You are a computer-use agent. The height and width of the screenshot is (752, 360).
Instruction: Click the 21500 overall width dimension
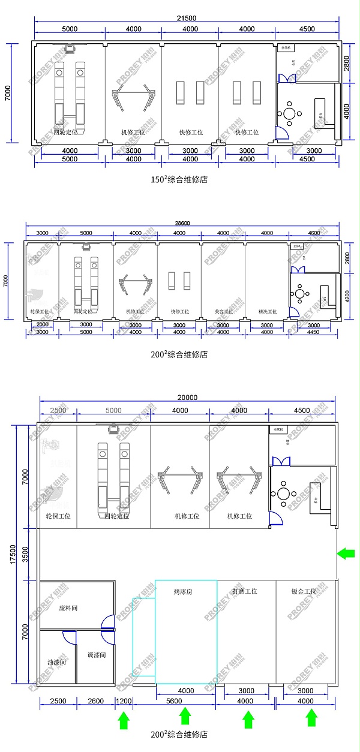pos(187,19)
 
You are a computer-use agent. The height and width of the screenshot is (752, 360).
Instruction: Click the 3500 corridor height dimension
pos(24,554)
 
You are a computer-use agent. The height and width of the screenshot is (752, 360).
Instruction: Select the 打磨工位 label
pos(245,591)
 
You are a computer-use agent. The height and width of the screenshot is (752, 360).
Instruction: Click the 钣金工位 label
pos(303,591)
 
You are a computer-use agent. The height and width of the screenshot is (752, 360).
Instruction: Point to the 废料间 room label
pos(69,607)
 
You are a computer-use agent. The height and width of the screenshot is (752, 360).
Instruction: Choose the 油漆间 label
pos(57,663)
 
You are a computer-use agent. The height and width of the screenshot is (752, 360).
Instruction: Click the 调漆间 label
pos(96,655)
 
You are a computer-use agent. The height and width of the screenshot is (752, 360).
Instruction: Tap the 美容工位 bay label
pos(223,311)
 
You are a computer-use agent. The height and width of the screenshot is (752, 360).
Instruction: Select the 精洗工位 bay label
pos(267,311)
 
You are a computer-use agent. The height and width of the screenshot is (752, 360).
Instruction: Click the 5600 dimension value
pos(174,701)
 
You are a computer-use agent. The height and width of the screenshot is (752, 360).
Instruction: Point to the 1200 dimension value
pos(124,701)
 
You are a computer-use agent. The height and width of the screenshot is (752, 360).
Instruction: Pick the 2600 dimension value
pos(96,701)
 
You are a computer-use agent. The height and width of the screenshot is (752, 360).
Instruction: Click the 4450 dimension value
pos(313,332)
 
